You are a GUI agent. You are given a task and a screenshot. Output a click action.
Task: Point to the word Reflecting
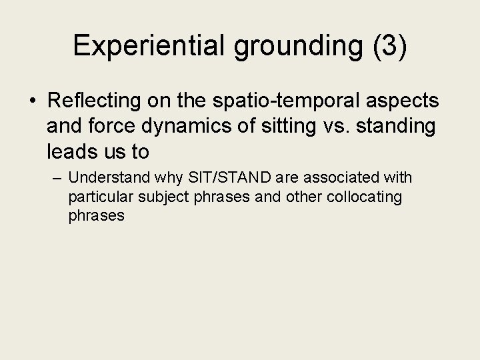click(95, 101)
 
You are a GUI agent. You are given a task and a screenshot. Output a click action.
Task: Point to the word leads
click(69, 153)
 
